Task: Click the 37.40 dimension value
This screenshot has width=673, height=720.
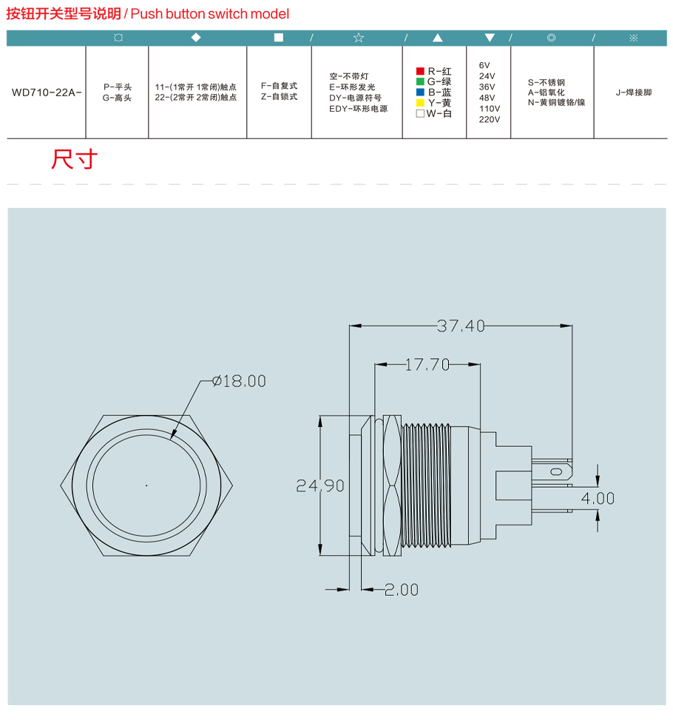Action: (461, 326)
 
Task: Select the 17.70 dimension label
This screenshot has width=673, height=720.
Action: (427, 365)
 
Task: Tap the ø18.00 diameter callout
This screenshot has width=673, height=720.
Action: (239, 381)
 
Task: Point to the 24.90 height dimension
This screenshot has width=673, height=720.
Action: (320, 486)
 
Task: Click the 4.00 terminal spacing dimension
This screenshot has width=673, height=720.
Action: (598, 498)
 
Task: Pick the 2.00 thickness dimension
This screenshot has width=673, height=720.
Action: (402, 590)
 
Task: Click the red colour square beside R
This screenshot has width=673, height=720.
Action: (420, 71)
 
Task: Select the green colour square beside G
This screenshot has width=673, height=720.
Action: (420, 81)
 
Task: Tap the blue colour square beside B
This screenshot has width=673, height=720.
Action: (420, 92)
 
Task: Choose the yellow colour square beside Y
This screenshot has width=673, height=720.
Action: (420, 103)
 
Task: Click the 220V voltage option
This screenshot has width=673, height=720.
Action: (490, 119)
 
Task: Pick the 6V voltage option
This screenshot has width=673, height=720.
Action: (484, 65)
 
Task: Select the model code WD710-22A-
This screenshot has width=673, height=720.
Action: (47, 92)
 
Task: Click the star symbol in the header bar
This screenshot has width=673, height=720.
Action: (359, 38)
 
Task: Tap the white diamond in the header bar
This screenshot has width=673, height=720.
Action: (196, 37)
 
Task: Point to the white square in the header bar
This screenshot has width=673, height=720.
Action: (279, 37)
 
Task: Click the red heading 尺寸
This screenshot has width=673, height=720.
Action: (74, 159)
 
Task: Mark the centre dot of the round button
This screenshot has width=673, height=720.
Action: (146, 485)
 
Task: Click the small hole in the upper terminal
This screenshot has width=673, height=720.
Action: (556, 472)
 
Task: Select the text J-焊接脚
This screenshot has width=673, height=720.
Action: (634, 92)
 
